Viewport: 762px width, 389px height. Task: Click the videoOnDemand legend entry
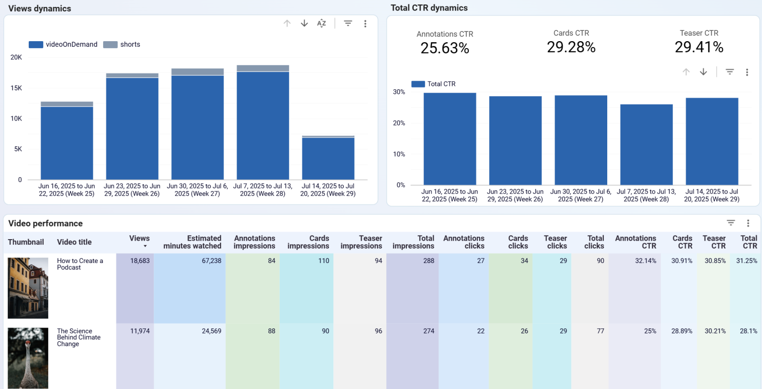(x=63, y=45)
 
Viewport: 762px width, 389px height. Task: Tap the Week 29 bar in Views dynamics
(x=328, y=158)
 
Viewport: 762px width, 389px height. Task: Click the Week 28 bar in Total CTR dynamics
(x=646, y=144)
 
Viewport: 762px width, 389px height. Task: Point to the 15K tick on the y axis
(x=16, y=88)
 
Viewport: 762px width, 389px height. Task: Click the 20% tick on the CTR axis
(x=399, y=123)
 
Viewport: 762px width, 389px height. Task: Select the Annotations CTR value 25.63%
(x=444, y=48)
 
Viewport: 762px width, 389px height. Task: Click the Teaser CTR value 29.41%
(x=698, y=47)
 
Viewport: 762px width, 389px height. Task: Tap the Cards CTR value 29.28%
(x=571, y=47)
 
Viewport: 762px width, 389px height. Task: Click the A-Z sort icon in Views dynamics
(x=321, y=23)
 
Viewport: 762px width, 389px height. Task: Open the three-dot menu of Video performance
(x=748, y=223)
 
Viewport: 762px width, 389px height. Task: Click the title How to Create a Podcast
(x=80, y=264)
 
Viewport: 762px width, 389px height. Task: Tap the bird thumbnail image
(x=28, y=358)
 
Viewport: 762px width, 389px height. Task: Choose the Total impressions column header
(x=413, y=242)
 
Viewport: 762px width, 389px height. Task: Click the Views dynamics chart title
(x=40, y=8)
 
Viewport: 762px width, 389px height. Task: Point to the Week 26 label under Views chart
(x=132, y=190)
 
